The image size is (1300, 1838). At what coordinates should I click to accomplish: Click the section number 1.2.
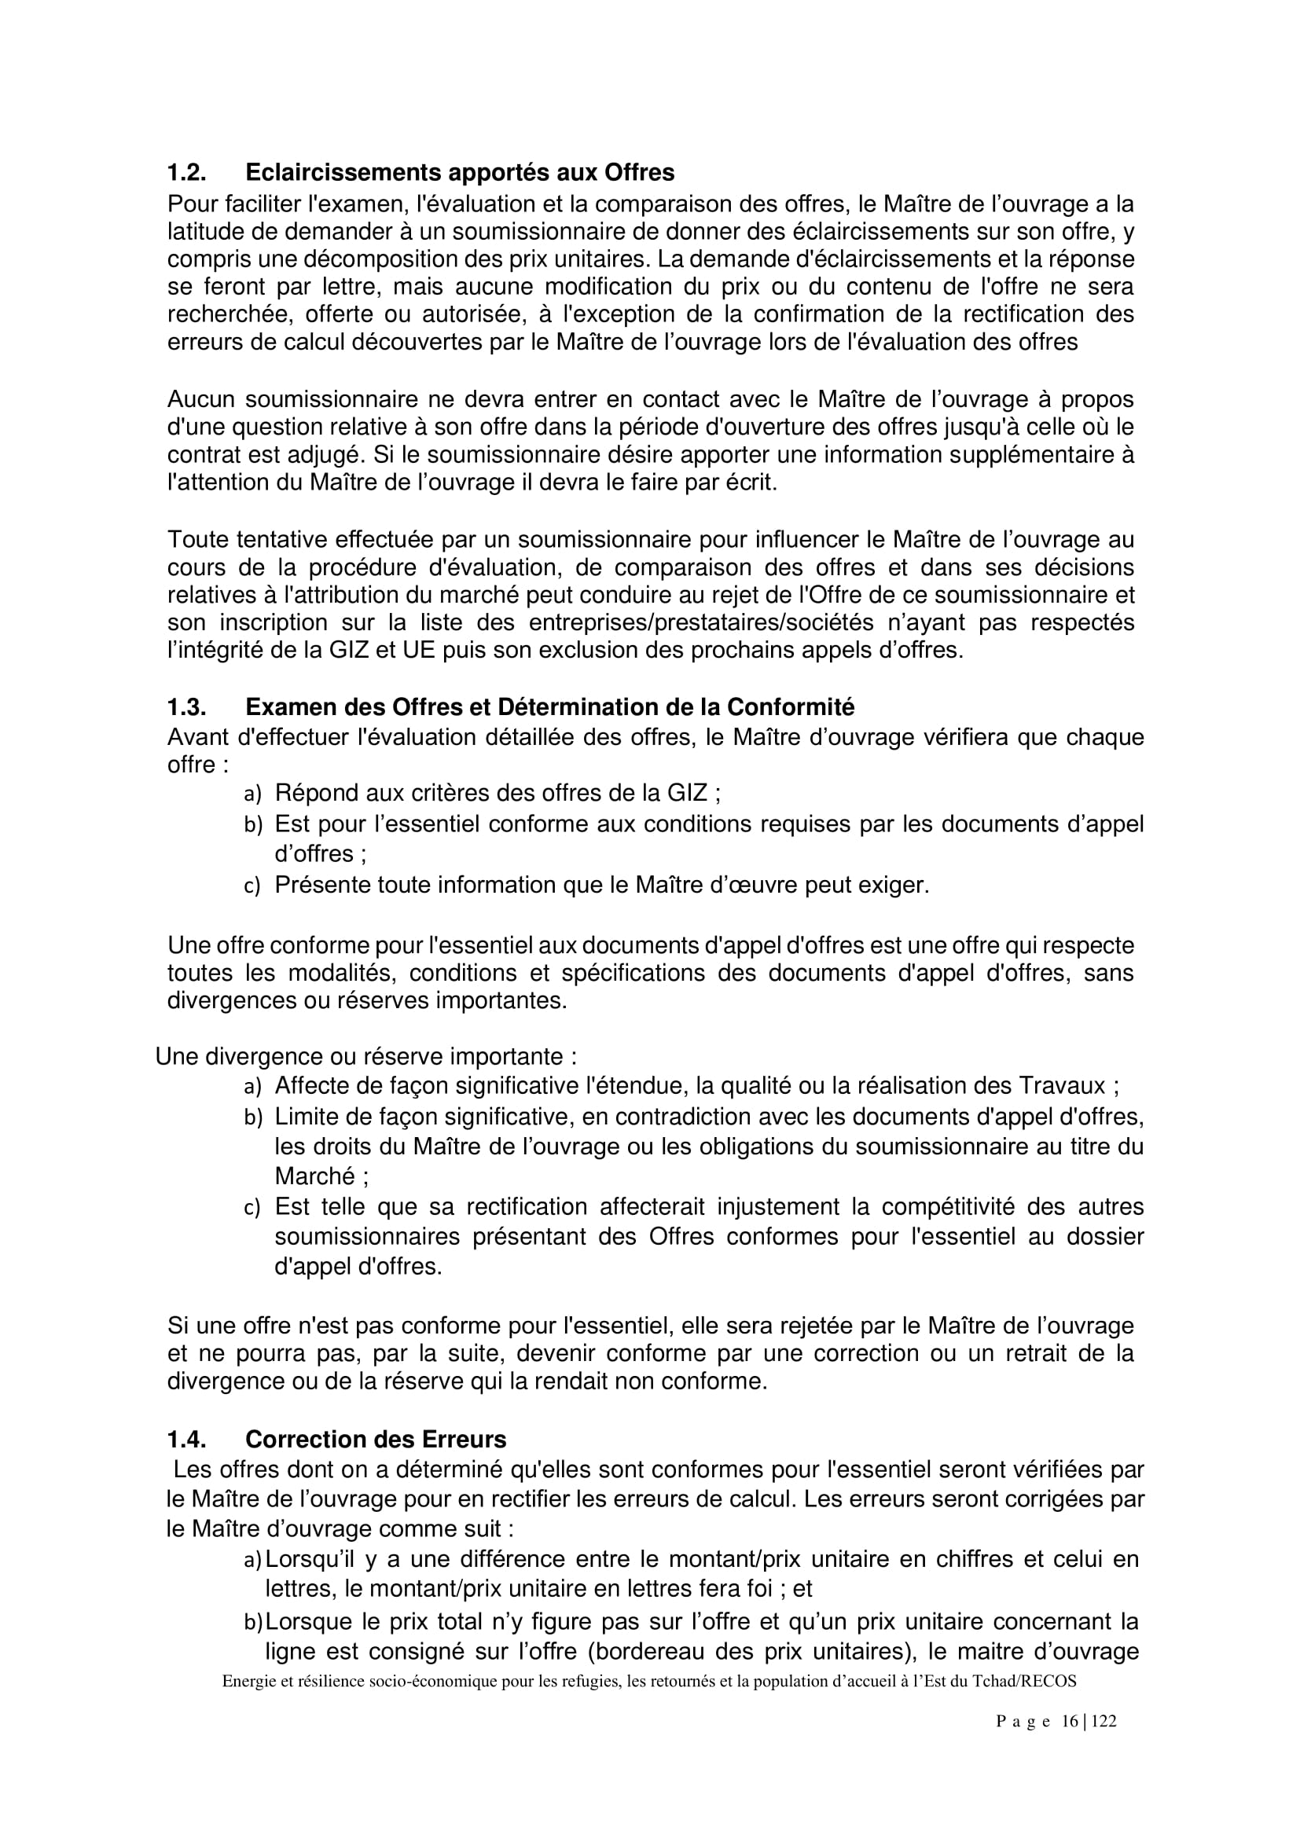pos(185,172)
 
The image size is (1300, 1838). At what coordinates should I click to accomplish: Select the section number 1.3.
pos(185,707)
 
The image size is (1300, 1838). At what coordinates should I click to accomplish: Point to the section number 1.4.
pos(185,1440)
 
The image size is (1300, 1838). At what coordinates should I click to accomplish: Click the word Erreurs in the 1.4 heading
pos(468,1440)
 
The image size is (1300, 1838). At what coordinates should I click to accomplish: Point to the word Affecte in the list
pos(312,1085)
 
